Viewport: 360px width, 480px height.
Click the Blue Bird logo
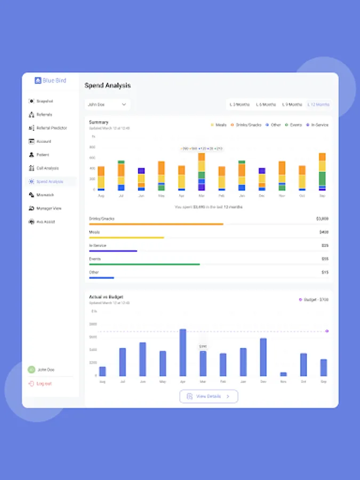click(x=50, y=81)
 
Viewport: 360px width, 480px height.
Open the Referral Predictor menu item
click(x=51, y=128)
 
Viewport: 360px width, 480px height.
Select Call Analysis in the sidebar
click(x=47, y=168)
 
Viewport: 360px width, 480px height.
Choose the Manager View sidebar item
click(x=49, y=208)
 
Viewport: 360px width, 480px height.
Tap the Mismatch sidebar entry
click(x=45, y=195)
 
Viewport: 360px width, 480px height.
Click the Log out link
click(x=44, y=383)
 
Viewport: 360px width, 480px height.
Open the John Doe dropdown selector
click(x=107, y=105)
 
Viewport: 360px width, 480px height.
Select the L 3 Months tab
click(x=239, y=105)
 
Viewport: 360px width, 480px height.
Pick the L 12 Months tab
click(x=318, y=105)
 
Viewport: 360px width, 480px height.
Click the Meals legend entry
click(x=220, y=125)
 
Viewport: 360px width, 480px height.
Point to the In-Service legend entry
click(x=319, y=125)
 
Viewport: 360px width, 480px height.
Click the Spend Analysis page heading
click(x=108, y=85)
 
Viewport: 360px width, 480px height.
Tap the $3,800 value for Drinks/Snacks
click(x=322, y=219)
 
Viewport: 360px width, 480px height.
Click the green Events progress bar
click(x=145, y=264)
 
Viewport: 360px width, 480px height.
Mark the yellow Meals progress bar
click(x=126, y=237)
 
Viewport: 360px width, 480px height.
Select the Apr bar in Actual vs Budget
click(x=183, y=353)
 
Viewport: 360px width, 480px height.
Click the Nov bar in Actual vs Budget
click(x=283, y=374)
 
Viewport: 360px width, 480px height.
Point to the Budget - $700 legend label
click(x=316, y=300)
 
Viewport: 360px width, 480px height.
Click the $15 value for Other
click(x=325, y=272)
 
